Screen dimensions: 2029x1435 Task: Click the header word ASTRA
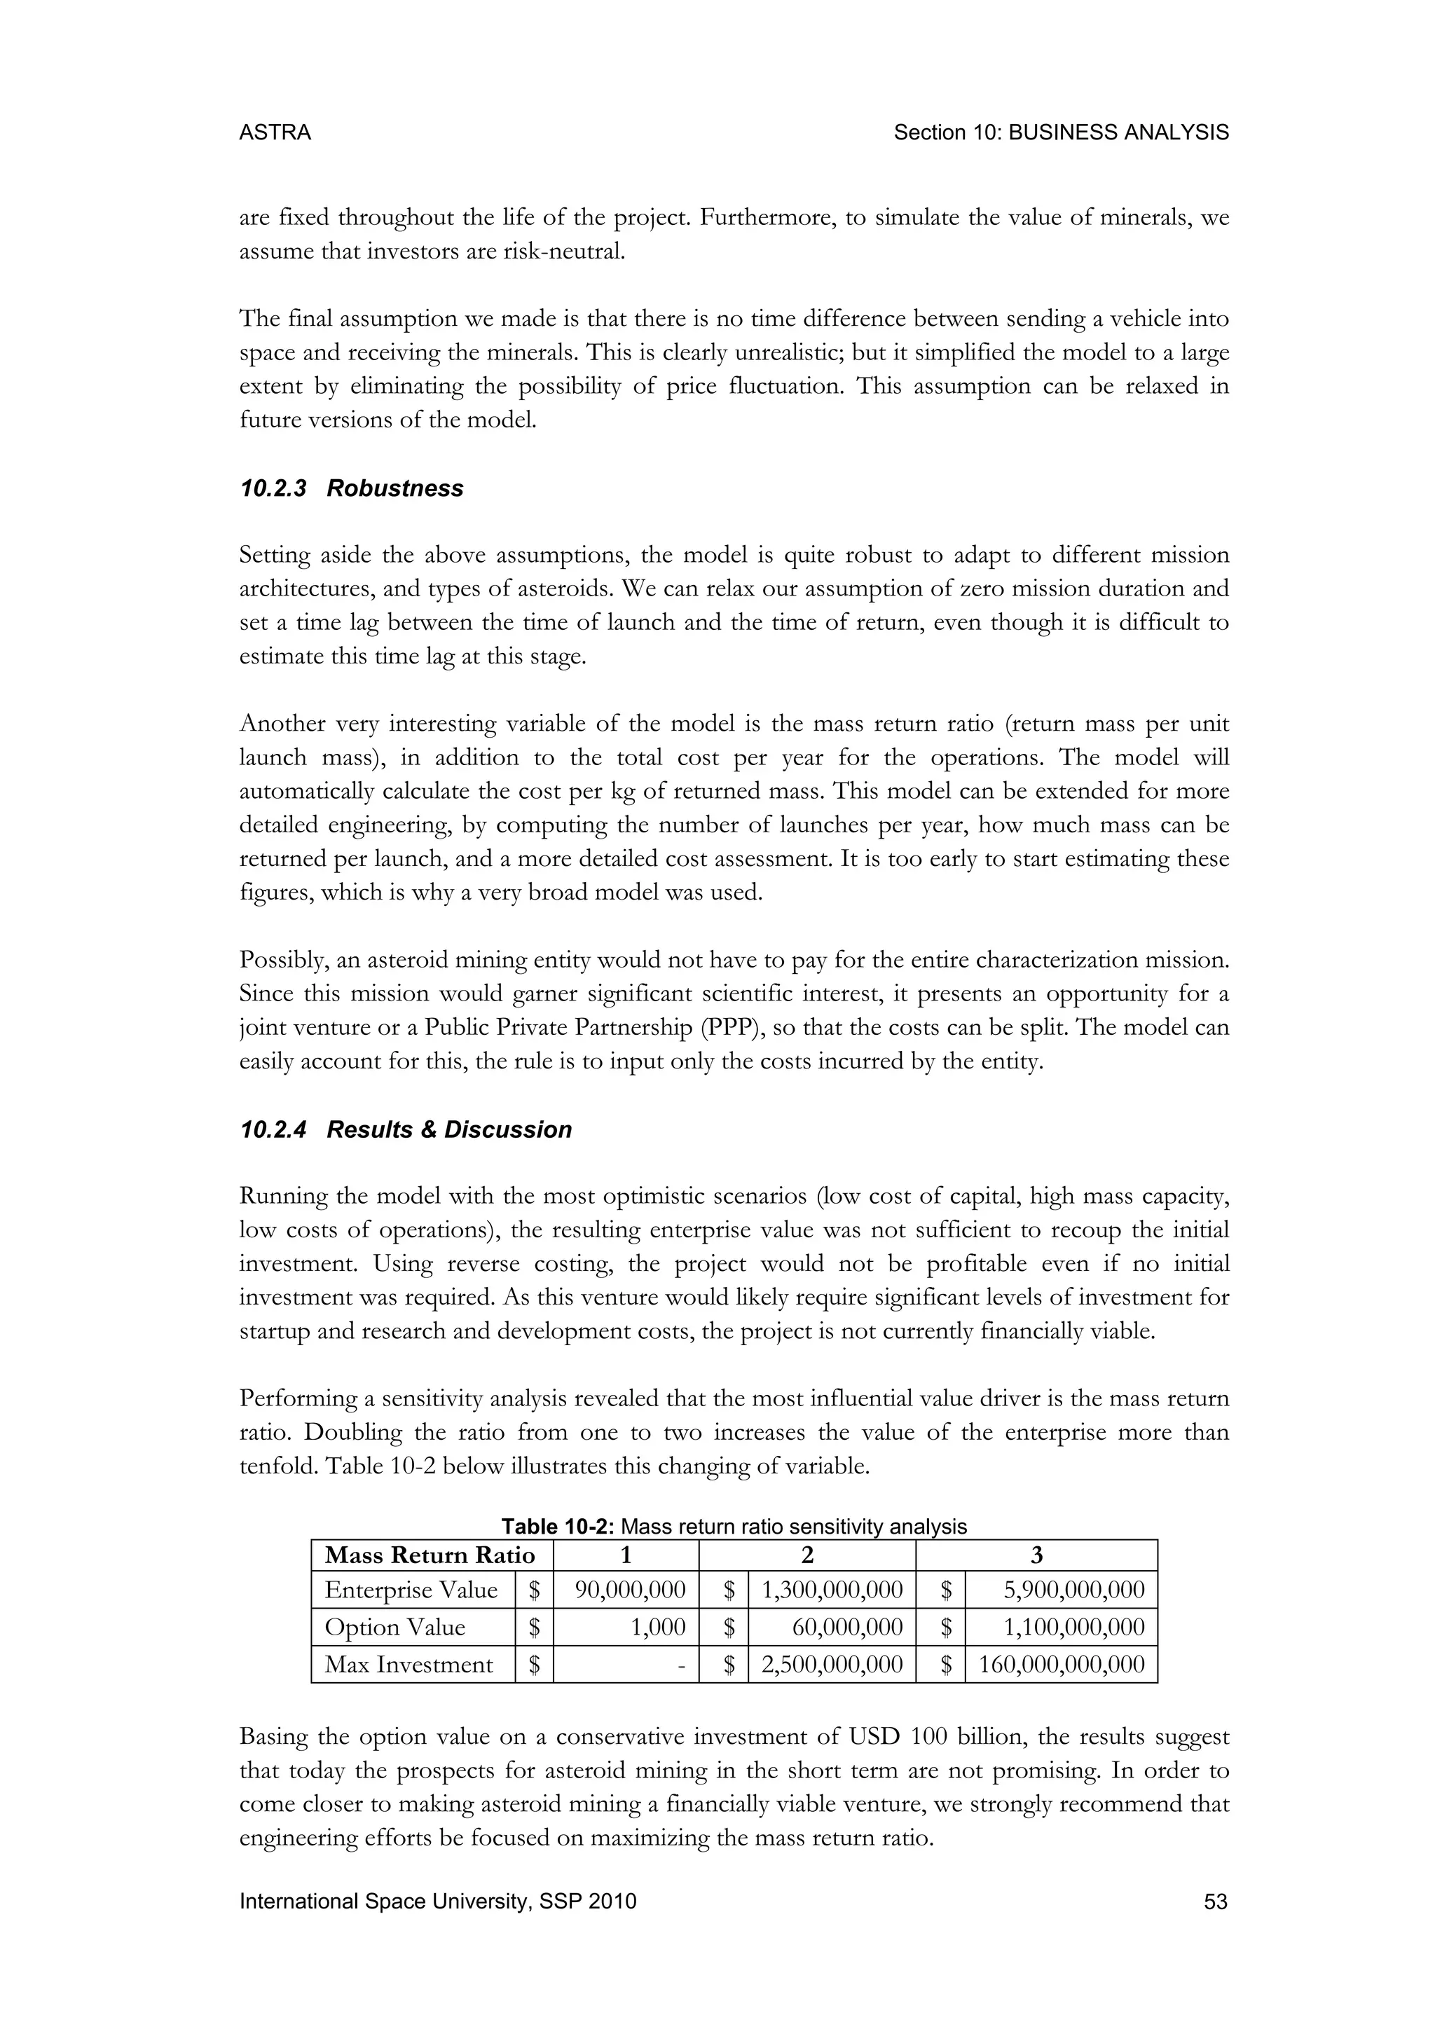[x=275, y=132]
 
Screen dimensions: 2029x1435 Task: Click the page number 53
[x=1215, y=1901]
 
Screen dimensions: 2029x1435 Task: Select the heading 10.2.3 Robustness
[x=351, y=489]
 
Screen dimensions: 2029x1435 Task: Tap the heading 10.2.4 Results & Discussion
[x=406, y=1130]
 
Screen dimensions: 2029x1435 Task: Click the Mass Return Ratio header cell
[x=430, y=1555]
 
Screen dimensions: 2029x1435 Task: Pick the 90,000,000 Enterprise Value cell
[x=629, y=1590]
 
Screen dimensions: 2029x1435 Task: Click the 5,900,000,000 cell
[x=1073, y=1590]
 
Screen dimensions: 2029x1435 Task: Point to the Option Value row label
[x=394, y=1628]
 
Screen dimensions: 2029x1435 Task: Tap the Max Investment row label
[x=408, y=1665]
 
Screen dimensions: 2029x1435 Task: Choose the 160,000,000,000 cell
[x=1062, y=1665]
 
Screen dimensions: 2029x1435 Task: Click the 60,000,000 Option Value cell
[x=846, y=1628]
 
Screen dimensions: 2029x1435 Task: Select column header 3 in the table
[x=1036, y=1555]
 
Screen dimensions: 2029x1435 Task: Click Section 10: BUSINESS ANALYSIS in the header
[x=1060, y=132]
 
